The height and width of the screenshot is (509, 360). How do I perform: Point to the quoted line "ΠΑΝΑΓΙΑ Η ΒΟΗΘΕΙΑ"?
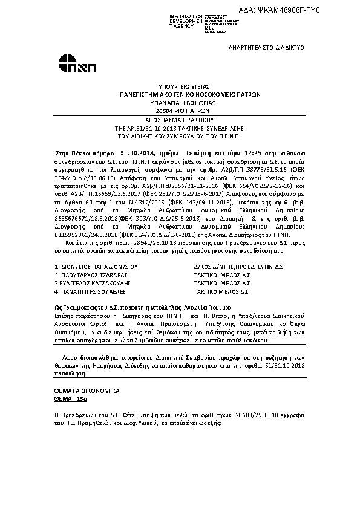point(179,103)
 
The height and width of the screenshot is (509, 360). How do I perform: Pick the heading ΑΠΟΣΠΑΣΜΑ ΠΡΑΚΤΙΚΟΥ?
point(179,120)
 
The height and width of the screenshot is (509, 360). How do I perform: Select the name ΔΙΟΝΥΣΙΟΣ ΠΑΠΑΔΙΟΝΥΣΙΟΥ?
point(96,266)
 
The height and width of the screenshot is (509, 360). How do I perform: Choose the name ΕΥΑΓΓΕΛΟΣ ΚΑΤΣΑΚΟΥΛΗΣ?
point(91,282)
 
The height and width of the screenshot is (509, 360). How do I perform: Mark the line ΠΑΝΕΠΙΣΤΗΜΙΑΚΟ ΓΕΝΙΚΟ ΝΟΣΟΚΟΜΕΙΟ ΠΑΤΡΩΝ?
point(179,96)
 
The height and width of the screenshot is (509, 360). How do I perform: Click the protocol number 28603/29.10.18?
point(264,417)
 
